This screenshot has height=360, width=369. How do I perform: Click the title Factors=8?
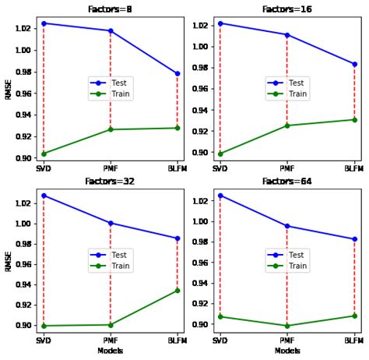[x=110, y=9]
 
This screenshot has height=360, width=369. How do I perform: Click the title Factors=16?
[x=287, y=9]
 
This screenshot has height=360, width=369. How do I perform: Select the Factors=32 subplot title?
[x=110, y=181]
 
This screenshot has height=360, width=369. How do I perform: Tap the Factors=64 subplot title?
[x=287, y=181]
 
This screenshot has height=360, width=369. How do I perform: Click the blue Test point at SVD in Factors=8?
[x=44, y=23]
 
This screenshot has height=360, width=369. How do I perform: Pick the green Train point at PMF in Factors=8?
[x=111, y=129]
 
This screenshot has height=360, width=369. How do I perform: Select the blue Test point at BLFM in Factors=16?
[x=354, y=64]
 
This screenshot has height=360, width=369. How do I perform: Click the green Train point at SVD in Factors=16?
[x=220, y=154]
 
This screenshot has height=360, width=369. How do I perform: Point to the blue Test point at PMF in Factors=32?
[x=111, y=223]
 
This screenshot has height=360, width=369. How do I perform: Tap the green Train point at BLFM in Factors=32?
[x=177, y=291]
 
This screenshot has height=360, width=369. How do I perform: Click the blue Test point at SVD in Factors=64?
[x=220, y=196]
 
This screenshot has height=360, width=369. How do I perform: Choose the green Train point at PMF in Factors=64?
[x=287, y=326]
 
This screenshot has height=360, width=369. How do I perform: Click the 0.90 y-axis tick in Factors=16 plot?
[x=199, y=153]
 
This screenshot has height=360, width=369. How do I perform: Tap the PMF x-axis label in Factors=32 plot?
[x=110, y=341]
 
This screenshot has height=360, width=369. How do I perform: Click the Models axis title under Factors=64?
[x=287, y=351]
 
